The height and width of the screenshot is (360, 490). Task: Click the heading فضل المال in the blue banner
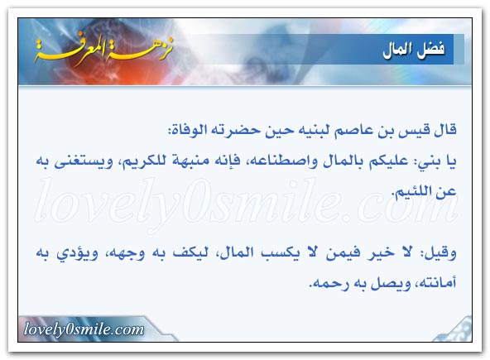tap(414, 50)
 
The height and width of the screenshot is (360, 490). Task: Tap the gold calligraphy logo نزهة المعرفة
tap(103, 50)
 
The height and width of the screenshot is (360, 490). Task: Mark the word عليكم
tap(388, 161)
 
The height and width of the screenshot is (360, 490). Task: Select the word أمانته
tap(438, 283)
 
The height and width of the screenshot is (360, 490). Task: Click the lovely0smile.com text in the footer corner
tap(84, 329)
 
